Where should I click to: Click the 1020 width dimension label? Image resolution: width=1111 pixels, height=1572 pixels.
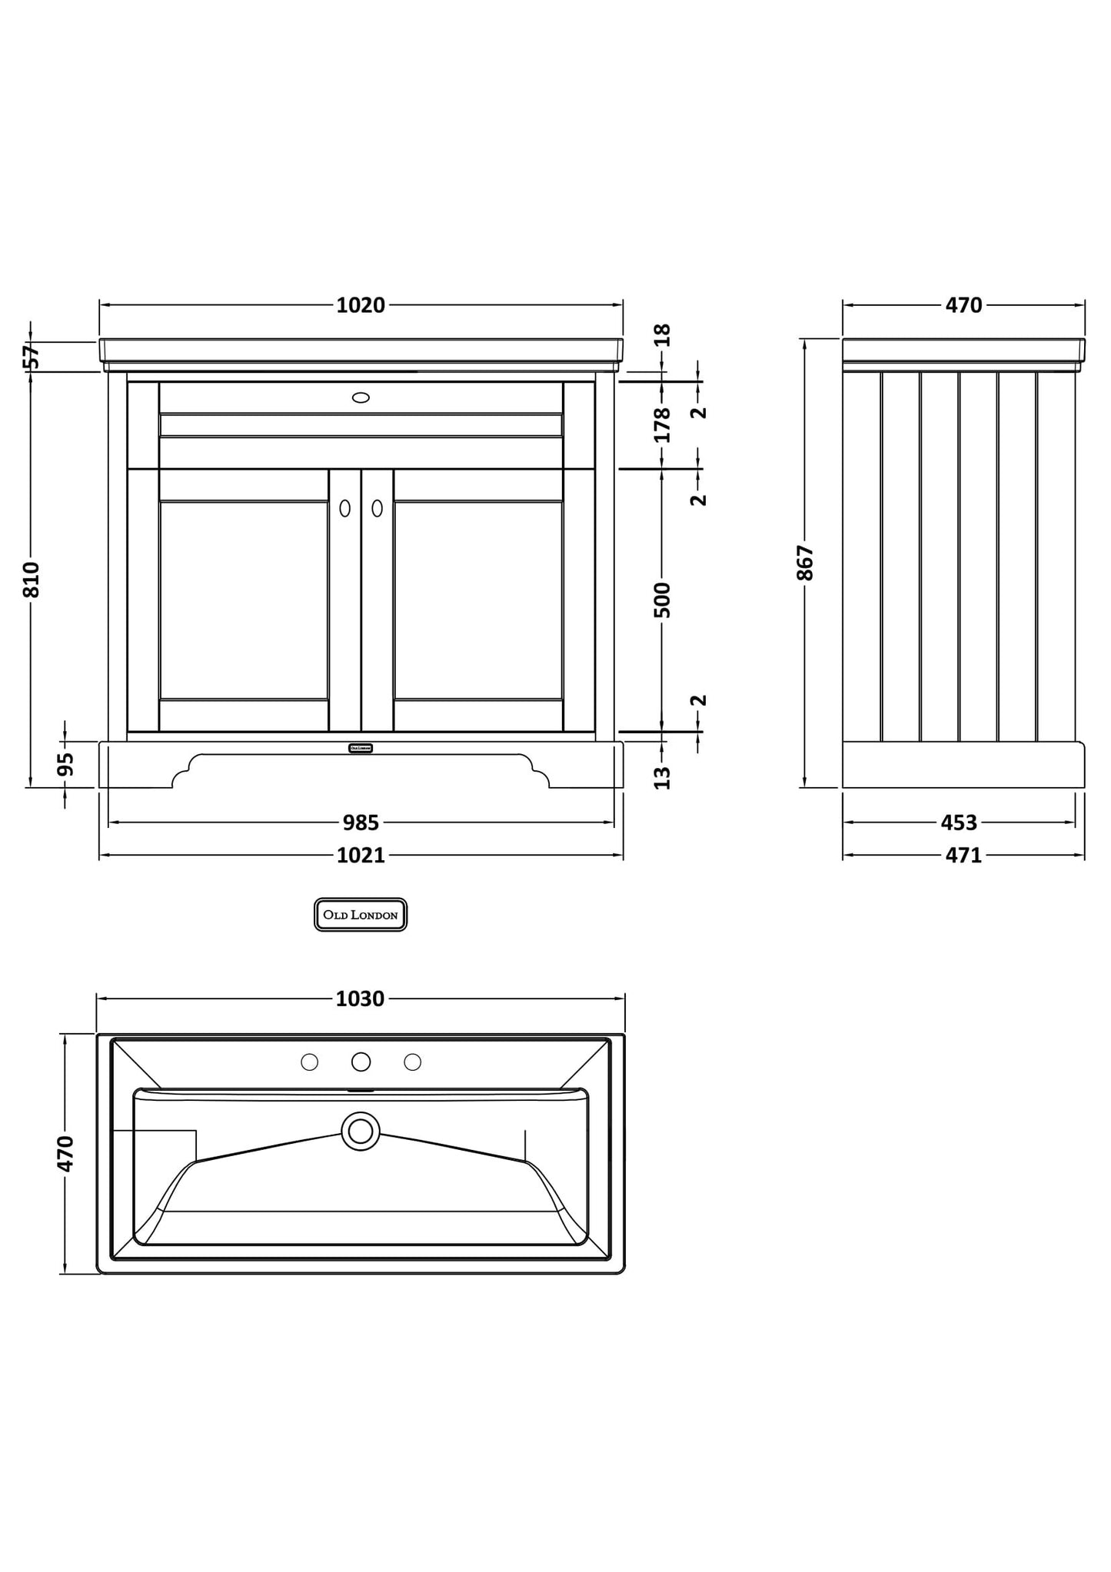coord(360,305)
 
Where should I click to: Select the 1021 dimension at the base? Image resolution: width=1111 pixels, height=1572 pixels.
coord(360,855)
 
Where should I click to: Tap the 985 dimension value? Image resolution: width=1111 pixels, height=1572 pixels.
coord(360,823)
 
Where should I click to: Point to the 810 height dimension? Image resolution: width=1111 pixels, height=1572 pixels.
coord(31,579)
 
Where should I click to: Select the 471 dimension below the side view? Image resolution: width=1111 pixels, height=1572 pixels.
coord(963,855)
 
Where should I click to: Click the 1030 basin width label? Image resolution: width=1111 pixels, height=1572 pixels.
coord(360,999)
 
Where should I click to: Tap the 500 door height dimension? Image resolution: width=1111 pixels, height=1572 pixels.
coord(661,600)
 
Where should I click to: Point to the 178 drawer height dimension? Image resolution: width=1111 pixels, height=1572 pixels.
coord(661,424)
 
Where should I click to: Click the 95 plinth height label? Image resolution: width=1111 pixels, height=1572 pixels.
coord(65,764)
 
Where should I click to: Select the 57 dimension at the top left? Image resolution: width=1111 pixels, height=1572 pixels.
coord(31,357)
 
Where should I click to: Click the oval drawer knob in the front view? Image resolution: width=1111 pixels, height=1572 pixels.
coord(361,397)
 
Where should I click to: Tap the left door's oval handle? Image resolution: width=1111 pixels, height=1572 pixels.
coord(344,508)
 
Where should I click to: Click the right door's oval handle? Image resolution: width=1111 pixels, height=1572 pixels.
coord(377,508)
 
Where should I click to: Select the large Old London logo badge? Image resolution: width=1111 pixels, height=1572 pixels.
coord(360,915)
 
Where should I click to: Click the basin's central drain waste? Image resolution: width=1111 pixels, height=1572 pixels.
coord(361,1131)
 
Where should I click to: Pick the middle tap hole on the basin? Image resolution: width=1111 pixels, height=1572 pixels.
coord(361,1062)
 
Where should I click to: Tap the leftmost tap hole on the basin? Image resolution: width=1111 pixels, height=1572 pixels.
coord(309,1062)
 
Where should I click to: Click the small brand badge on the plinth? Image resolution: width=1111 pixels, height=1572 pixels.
coord(360,748)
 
